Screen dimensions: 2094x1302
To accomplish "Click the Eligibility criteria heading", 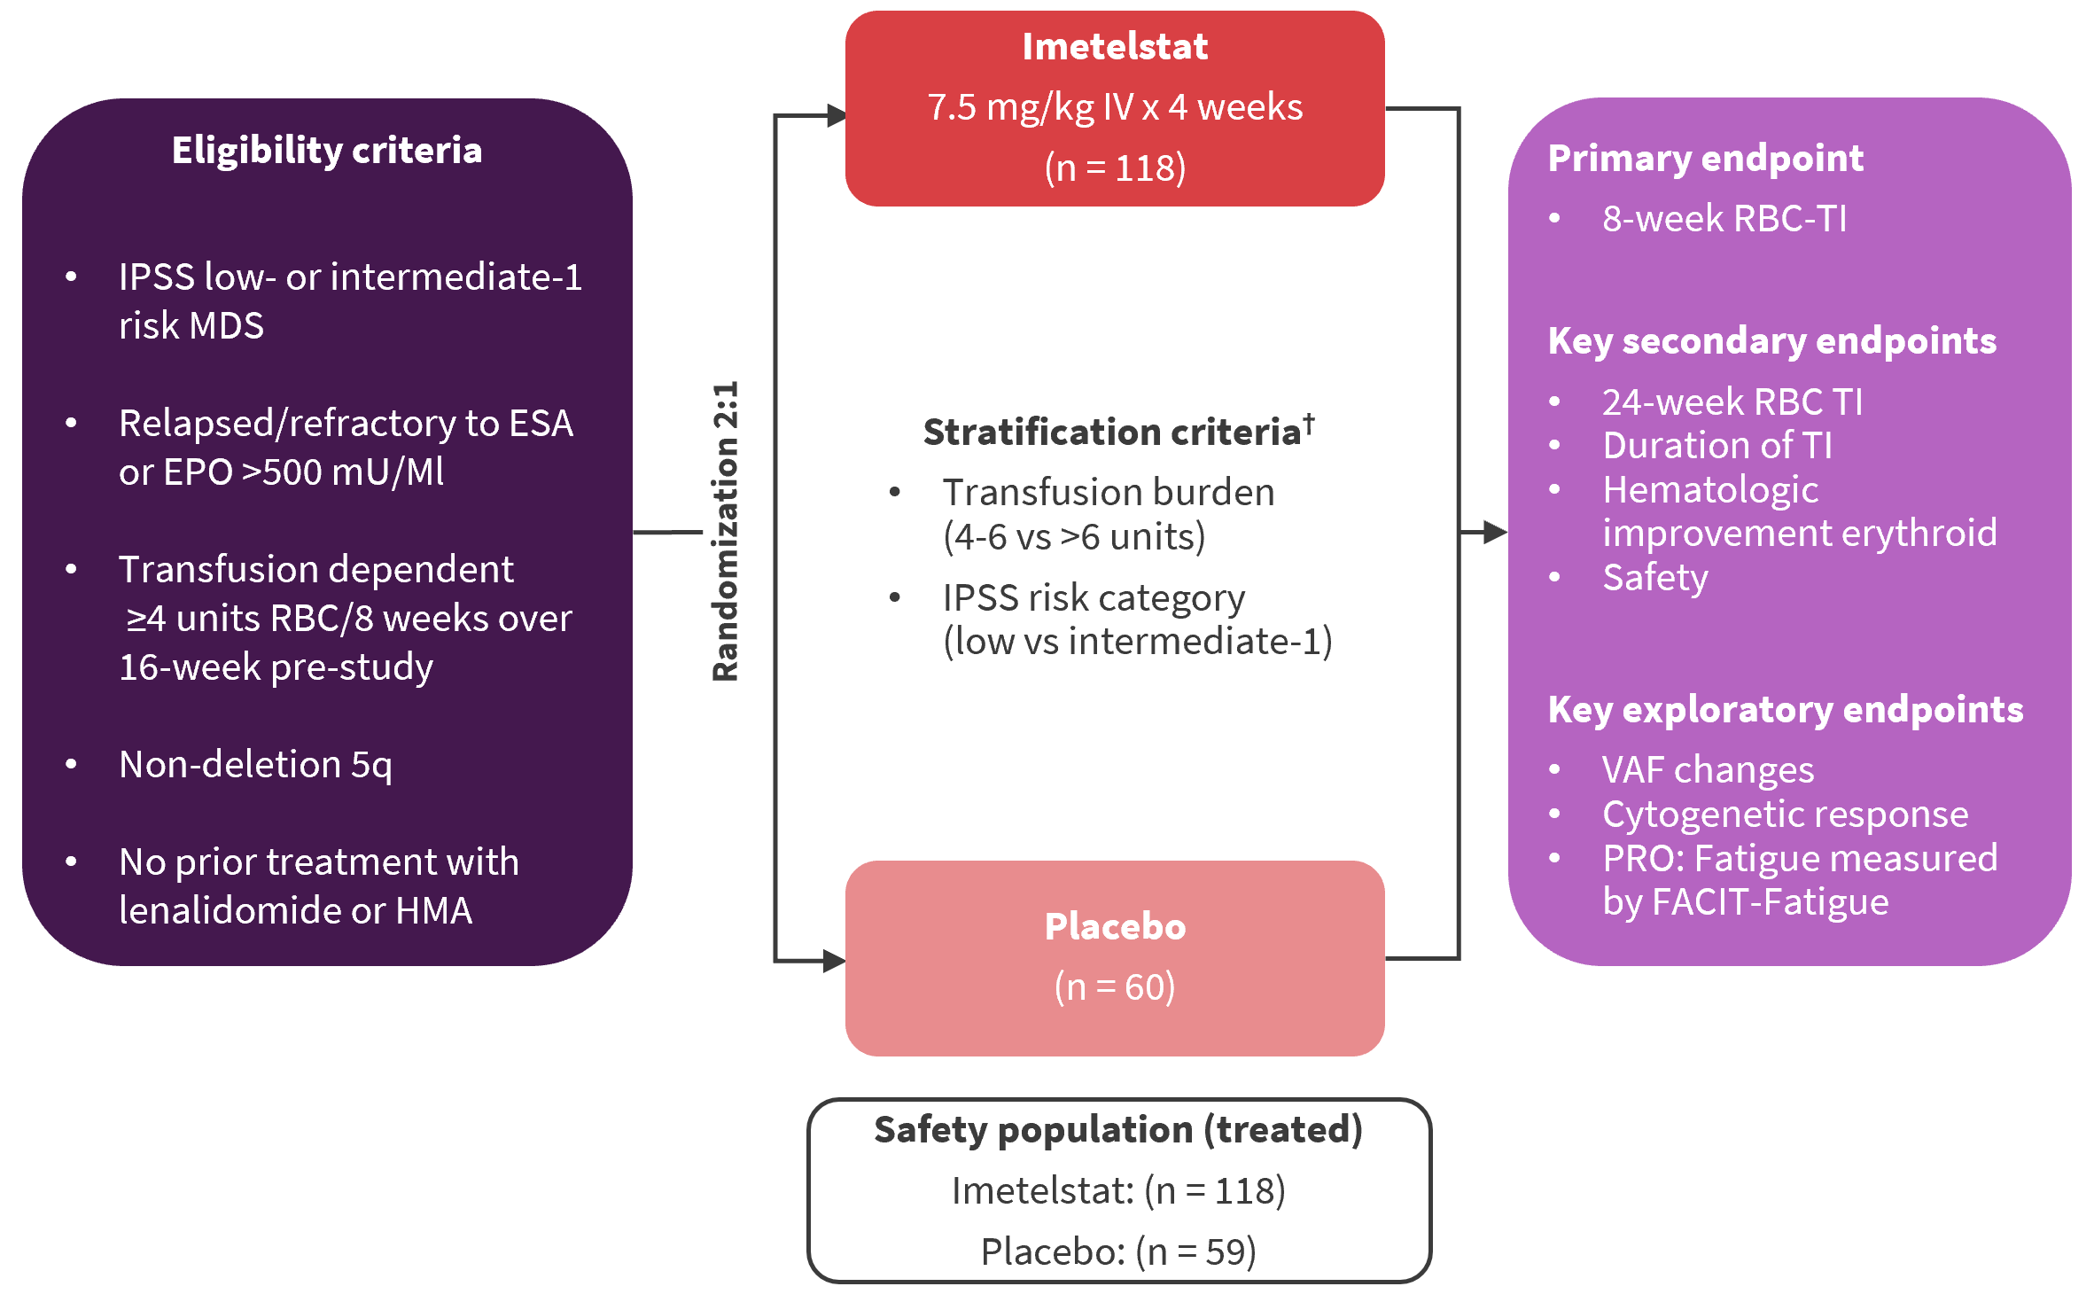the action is coord(327,151).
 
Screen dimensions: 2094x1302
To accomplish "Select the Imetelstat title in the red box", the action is coord(1115,47).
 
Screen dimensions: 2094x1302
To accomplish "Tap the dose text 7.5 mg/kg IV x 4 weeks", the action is coord(1115,107).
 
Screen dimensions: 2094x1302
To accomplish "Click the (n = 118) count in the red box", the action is coord(1115,168).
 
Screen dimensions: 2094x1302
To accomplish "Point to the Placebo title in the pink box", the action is coord(1115,927).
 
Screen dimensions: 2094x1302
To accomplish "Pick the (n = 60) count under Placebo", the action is coord(1115,986).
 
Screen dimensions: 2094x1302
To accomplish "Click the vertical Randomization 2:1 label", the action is coord(726,532).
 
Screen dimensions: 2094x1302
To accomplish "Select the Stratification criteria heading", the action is coord(1111,433).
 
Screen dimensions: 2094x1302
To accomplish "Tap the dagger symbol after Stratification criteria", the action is coord(1309,424).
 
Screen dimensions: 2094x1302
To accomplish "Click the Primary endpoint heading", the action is coord(1706,159).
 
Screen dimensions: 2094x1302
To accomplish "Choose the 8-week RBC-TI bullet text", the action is coord(1724,219).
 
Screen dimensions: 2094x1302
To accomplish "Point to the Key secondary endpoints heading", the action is coord(1772,341).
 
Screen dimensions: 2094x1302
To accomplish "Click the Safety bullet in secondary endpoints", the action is coord(1655,578).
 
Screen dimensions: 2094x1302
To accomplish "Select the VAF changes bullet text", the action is coord(1709,770).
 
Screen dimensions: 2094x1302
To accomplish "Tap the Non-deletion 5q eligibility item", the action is coord(255,765).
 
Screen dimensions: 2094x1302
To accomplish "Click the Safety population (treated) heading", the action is coord(1118,1130).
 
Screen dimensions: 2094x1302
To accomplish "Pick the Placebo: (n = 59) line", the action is coord(1118,1251).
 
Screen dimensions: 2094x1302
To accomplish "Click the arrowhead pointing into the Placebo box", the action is coord(834,961).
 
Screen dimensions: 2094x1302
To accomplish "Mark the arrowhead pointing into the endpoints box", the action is coord(1496,532).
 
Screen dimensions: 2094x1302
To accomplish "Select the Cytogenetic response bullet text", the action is coord(1786,815).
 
